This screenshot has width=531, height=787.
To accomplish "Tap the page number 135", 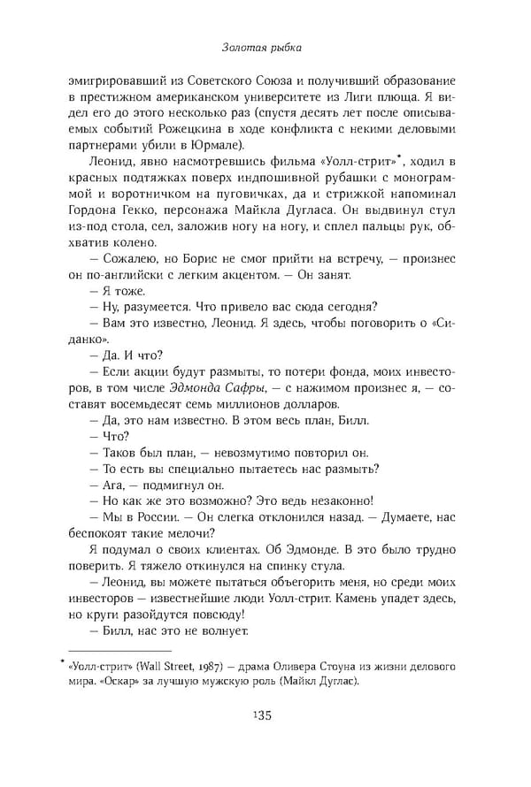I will coord(265,715).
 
